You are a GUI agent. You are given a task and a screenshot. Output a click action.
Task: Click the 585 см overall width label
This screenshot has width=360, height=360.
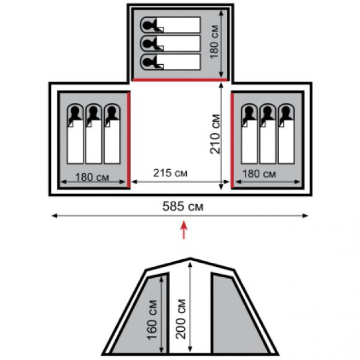[x=183, y=206]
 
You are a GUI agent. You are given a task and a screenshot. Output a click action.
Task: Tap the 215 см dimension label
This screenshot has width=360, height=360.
[x=170, y=173]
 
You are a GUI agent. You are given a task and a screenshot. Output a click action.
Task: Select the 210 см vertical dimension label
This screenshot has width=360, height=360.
[x=215, y=134]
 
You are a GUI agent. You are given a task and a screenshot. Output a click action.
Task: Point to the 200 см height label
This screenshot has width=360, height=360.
[x=181, y=319]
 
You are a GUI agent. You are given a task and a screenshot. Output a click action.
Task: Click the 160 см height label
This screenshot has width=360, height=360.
[x=152, y=319]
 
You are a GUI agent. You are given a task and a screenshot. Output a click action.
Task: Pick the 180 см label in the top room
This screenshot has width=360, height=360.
[x=214, y=42]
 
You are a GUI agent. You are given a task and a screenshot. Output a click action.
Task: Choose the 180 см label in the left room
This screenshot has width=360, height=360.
[x=92, y=177]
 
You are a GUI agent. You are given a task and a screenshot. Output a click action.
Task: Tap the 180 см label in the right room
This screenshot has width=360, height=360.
[x=259, y=174]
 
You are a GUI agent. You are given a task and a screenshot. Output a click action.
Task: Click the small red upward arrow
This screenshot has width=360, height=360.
[x=184, y=229]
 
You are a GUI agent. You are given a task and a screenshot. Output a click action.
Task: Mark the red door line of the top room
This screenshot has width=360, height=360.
[x=180, y=80]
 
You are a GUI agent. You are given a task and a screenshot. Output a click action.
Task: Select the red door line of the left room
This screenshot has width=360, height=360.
[x=129, y=140]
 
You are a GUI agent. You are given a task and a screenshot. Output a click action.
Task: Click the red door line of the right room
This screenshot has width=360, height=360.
[x=232, y=140]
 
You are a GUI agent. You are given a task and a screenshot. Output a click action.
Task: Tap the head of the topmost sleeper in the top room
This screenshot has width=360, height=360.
[x=148, y=25]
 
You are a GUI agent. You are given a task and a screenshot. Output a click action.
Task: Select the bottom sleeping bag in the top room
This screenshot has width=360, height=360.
[x=170, y=62]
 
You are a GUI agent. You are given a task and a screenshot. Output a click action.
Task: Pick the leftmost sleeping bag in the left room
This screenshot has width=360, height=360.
[x=75, y=134]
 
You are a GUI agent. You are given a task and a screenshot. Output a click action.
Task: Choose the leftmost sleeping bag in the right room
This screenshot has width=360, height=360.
[x=249, y=134]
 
